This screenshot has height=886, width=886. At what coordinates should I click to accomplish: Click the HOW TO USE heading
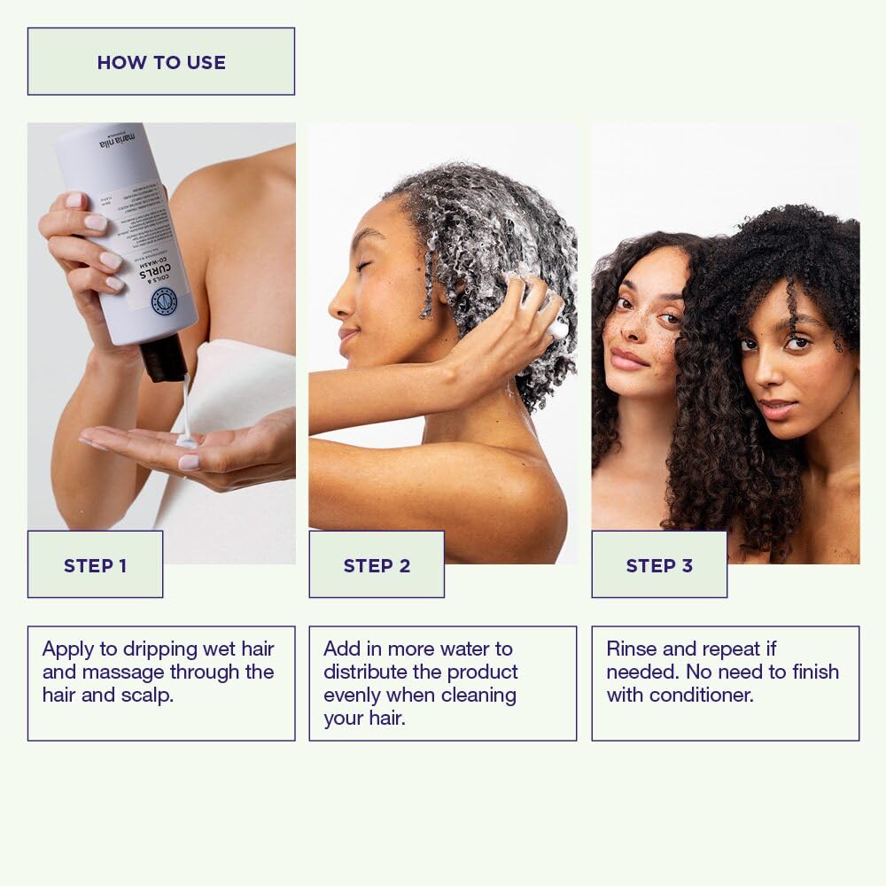pyautogui.click(x=161, y=62)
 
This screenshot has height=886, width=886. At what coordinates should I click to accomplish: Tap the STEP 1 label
pyautogui.click(x=95, y=565)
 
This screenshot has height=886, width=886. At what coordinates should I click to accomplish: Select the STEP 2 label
pyautogui.click(x=377, y=565)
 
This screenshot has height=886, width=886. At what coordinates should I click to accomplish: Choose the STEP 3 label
pyautogui.click(x=659, y=565)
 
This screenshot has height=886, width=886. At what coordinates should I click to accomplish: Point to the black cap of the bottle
pyautogui.click(x=165, y=359)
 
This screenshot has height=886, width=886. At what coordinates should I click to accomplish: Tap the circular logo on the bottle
pyautogui.click(x=165, y=301)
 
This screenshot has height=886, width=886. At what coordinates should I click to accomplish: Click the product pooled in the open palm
pyautogui.click(x=186, y=440)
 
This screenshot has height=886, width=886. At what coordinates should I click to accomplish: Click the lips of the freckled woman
pyautogui.click(x=626, y=358)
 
